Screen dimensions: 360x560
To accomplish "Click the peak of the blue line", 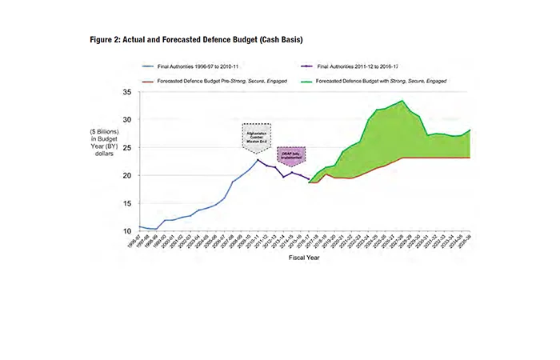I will [258, 160].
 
